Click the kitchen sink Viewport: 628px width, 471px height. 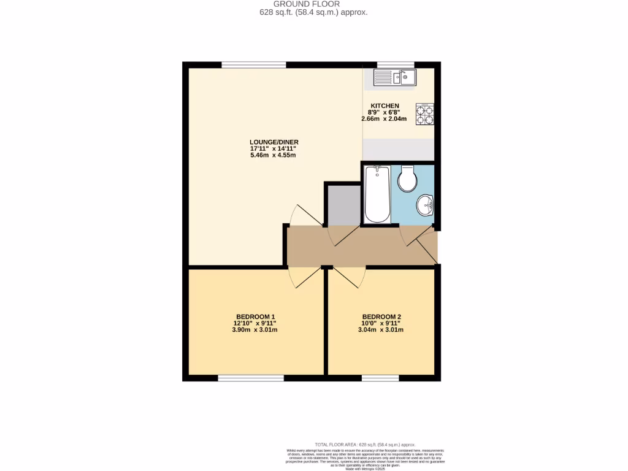395,77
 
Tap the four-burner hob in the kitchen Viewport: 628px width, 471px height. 424,113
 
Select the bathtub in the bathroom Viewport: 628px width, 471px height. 377,194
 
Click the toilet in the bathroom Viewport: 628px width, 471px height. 407,178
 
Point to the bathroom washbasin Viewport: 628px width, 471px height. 424,206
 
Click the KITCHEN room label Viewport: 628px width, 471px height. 385,105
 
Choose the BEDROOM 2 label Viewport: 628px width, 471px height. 381,316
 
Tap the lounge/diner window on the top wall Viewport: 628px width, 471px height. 253,64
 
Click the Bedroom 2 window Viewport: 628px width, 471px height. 380,378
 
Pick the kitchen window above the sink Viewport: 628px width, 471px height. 395,64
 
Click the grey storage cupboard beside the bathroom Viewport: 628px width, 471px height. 343,205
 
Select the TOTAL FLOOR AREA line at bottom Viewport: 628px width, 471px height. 365,445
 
